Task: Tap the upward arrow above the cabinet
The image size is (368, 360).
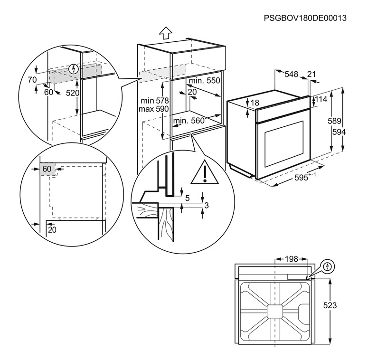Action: (165, 33)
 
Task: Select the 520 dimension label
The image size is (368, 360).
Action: (72, 93)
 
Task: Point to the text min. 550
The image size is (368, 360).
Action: (204, 81)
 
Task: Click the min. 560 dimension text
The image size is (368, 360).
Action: (189, 121)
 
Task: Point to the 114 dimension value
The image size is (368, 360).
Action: (321, 99)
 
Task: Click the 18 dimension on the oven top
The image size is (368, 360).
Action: (255, 103)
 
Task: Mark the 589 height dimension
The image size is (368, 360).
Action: (334, 121)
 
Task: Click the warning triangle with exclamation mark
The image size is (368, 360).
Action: (203, 173)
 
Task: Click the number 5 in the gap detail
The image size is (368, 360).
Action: (187, 198)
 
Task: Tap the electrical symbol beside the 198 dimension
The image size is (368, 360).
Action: (328, 266)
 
